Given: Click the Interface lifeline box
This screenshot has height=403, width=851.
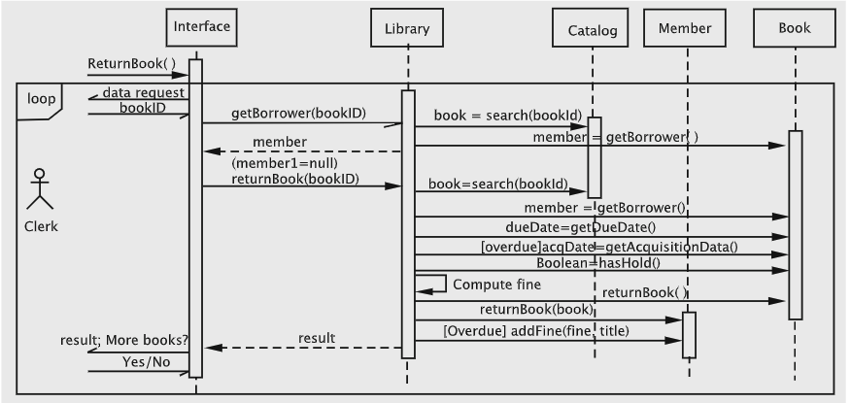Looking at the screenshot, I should point(201,26).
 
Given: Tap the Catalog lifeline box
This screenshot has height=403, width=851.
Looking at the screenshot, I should point(592,30).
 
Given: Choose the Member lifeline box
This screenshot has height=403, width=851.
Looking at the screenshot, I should point(685,28).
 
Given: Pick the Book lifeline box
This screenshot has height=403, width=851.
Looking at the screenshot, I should point(794,28).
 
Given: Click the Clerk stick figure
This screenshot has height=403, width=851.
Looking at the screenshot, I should point(40,189).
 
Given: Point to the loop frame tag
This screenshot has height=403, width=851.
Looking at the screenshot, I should point(40,99).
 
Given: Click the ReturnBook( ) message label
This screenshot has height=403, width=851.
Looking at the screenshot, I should point(131,64).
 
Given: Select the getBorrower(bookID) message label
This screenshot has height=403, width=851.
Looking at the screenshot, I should point(298,113).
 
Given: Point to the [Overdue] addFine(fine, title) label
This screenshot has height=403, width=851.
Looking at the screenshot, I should point(536,331).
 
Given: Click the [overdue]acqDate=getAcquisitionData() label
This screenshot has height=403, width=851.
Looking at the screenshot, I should point(609,246).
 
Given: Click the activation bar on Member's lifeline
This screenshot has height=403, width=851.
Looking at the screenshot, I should point(689,335).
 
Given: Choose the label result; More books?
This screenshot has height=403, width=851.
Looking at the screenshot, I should point(138,339).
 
